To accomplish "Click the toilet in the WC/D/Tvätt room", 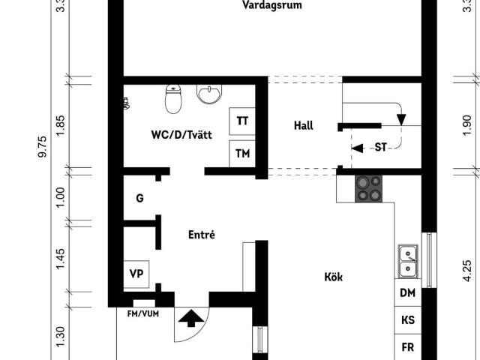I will pyautogui.click(x=173, y=98).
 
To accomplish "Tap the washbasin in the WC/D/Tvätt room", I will pyautogui.click(x=209, y=94).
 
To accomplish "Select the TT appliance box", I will pyautogui.click(x=242, y=121).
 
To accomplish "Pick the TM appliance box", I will pyautogui.click(x=242, y=154).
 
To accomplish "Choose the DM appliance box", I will pyautogui.click(x=407, y=293).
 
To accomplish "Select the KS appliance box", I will pyautogui.click(x=407, y=320).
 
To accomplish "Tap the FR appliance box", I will pyautogui.click(x=407, y=347).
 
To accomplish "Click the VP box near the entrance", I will pyautogui.click(x=136, y=274).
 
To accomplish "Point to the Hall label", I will pyautogui.click(x=304, y=126).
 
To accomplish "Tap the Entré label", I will pyautogui.click(x=201, y=235).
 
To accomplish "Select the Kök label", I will pyautogui.click(x=333, y=277).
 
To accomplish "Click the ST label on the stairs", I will pyautogui.click(x=380, y=148).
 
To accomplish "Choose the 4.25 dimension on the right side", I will pyautogui.click(x=467, y=268).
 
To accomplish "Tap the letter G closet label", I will pyautogui.click(x=139, y=199).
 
